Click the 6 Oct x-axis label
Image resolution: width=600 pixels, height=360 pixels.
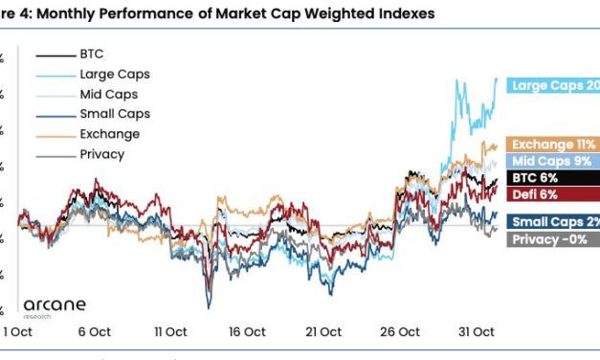(94, 331)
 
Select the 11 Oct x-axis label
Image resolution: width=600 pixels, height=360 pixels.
(170, 331)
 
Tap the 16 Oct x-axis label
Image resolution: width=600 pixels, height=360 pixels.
(247, 331)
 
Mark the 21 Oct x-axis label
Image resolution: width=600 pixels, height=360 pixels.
(323, 331)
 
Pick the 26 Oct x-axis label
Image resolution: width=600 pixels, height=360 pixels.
(400, 331)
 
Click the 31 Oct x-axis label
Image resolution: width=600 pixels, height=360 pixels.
(476, 331)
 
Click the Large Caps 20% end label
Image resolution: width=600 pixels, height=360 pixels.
(554, 86)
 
